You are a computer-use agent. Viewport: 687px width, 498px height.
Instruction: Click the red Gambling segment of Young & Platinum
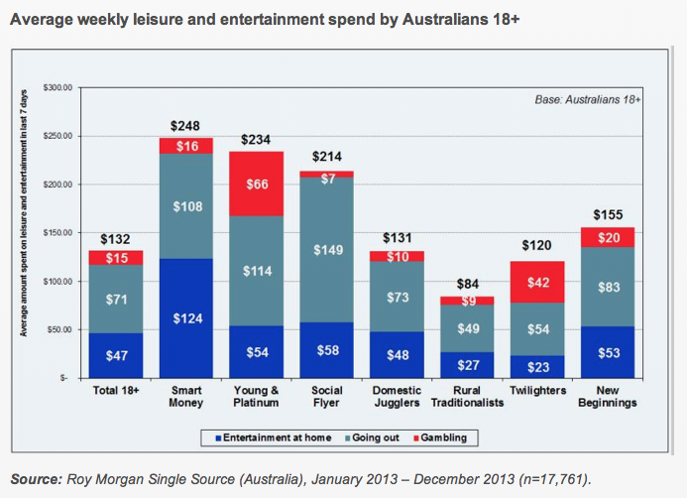tap(256, 184)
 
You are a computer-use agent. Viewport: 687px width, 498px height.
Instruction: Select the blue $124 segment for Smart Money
tap(186, 318)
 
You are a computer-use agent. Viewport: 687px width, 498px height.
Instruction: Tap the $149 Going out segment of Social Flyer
tap(326, 250)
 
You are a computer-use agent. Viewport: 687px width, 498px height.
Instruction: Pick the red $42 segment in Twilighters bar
tap(537, 282)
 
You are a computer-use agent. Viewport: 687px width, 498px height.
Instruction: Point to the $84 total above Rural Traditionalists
tap(467, 285)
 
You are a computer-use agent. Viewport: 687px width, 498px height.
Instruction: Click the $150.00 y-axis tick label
tap(57, 233)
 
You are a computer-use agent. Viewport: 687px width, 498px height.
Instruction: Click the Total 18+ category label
tap(116, 392)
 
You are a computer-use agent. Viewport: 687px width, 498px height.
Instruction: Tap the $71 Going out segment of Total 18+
tap(116, 298)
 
